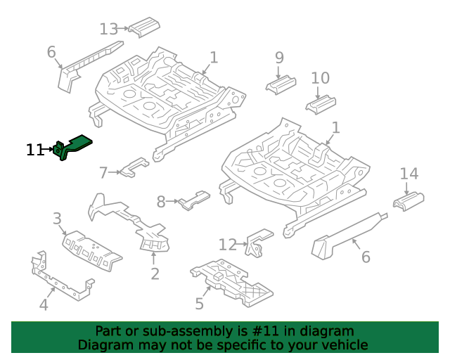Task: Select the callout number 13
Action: click(108, 30)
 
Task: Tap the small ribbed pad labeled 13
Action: click(144, 27)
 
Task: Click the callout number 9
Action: click(279, 58)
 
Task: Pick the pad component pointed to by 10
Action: click(321, 105)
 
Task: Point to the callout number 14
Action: click(409, 174)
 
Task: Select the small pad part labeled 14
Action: click(409, 201)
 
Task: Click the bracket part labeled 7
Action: click(135, 167)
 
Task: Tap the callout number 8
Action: click(161, 202)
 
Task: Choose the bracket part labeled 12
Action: click(259, 243)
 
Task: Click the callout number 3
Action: click(57, 219)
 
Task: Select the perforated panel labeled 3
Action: click(92, 250)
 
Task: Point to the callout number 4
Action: click(44, 305)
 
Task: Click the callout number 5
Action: click(200, 304)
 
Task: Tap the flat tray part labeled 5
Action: click(231, 282)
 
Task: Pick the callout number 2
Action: click(155, 274)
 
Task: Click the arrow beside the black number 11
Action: click(47, 149)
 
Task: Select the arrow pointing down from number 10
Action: click(317, 94)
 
